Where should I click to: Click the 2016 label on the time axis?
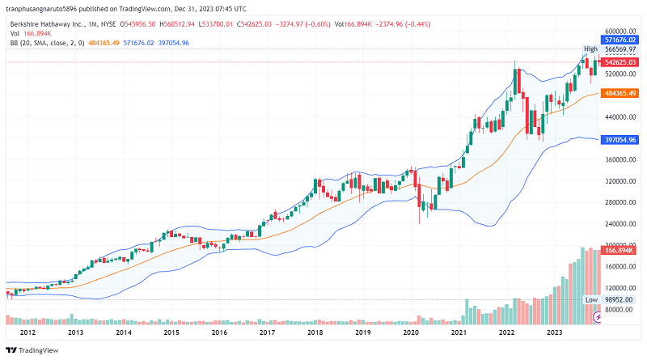click(219, 332)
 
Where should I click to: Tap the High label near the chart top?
click(591, 49)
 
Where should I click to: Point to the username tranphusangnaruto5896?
click(49, 7)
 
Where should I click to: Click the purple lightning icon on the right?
click(598, 317)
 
